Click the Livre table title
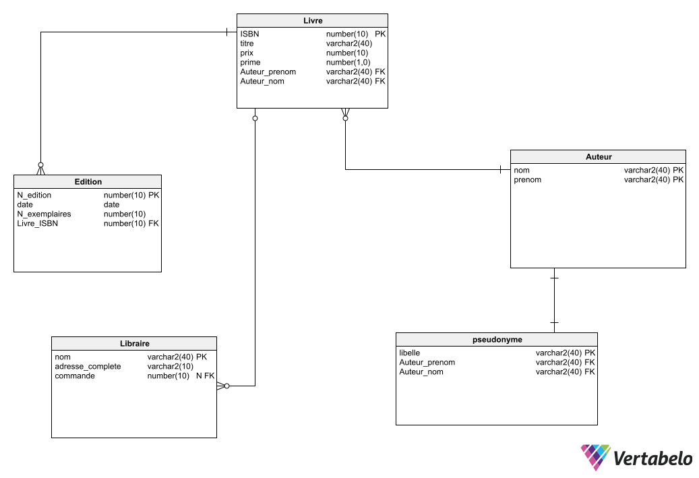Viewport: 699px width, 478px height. tap(313, 21)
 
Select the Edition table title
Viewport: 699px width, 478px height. tap(88, 181)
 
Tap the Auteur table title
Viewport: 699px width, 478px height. tap(598, 157)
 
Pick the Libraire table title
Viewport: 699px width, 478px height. tap(134, 344)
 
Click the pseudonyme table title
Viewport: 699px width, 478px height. tap(497, 340)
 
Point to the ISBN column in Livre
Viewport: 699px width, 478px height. tap(249, 34)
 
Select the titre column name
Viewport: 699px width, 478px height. tap(247, 43)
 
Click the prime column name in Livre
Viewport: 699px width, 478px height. tap(250, 62)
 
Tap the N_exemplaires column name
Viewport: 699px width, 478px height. tap(44, 214)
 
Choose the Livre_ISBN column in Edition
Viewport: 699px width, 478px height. tap(37, 223)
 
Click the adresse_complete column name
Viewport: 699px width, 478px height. tap(88, 366)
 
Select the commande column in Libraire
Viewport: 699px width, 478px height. tap(75, 376)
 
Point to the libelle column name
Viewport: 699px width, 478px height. tap(409, 353)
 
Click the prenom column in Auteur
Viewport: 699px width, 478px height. tap(527, 180)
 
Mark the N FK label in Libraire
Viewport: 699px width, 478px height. tap(205, 376)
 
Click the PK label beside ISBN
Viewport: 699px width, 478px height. tap(380, 34)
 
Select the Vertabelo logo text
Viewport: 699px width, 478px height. tap(652, 459)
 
